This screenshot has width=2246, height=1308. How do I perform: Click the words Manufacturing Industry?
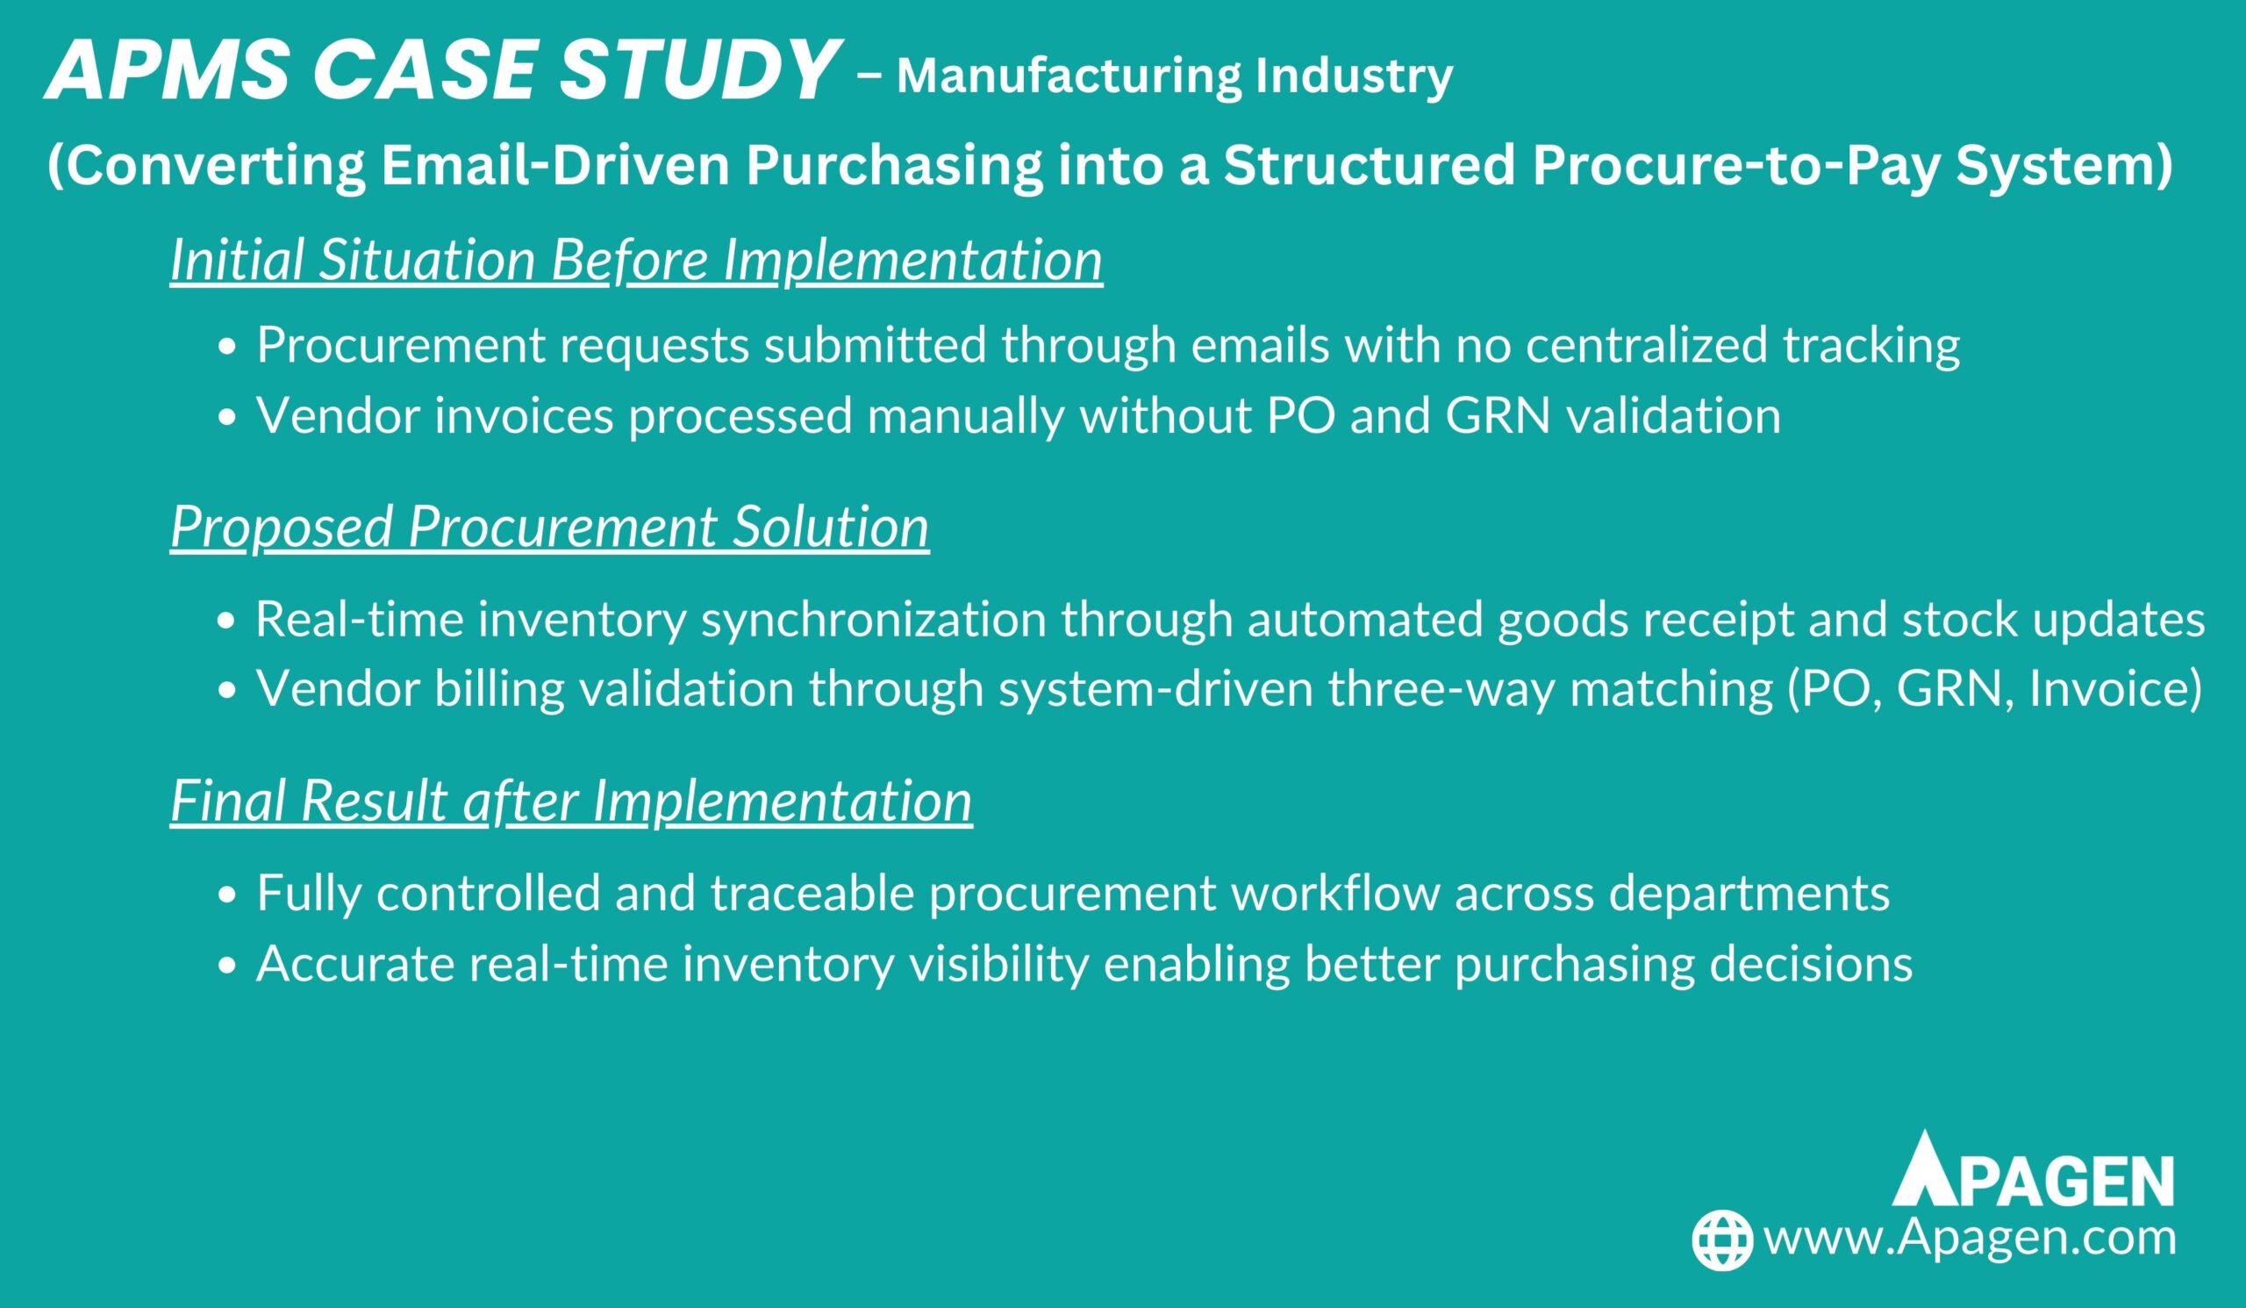pos(1175,76)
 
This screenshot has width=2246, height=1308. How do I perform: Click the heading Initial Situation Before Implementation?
pos(636,260)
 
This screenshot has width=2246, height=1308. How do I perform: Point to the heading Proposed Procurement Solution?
pos(550,526)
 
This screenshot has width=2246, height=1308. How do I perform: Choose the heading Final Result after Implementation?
pos(571,800)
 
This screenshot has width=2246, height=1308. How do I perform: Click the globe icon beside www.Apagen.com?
pos(1723,1240)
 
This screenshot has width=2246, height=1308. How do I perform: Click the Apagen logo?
pos(2033,1168)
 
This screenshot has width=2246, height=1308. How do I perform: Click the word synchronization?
pos(875,620)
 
